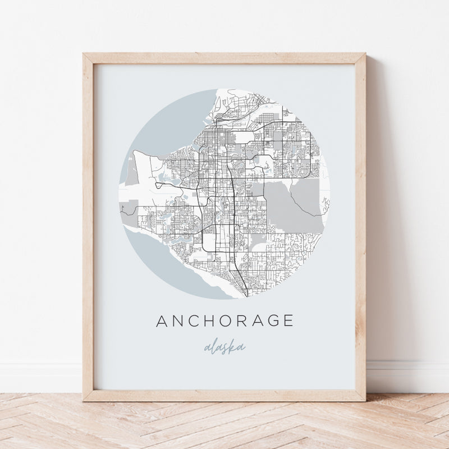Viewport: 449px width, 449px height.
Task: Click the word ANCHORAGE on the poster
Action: [224, 321]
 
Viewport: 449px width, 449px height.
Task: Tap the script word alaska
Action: [224, 347]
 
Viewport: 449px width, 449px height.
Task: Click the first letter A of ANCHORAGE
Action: [162, 321]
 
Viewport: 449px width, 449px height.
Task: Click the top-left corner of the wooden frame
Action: [84, 54]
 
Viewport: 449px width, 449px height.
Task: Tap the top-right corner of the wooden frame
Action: [364, 54]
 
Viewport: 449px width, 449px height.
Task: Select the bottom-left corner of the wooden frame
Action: [84, 400]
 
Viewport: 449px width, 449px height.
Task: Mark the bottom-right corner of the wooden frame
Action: [364, 400]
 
